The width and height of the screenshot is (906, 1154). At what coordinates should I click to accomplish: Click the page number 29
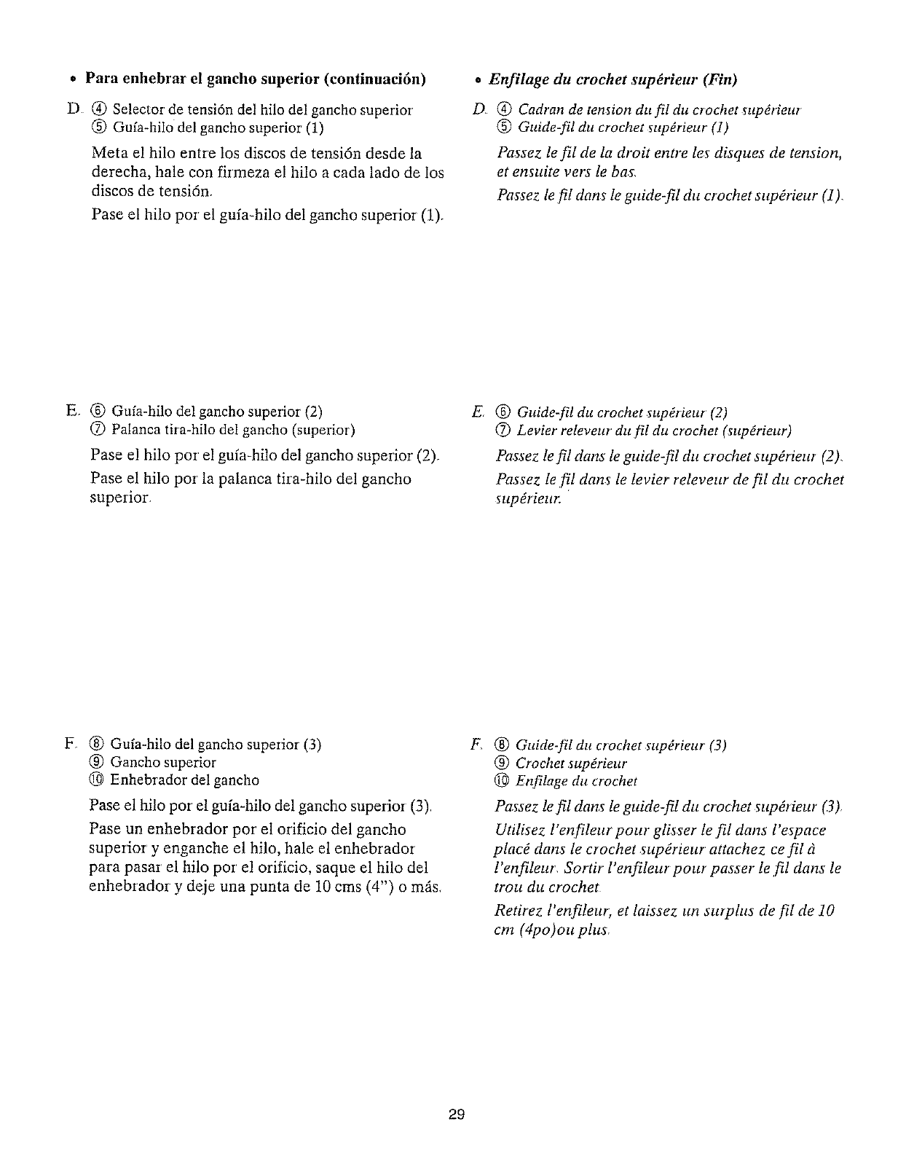457,1114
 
